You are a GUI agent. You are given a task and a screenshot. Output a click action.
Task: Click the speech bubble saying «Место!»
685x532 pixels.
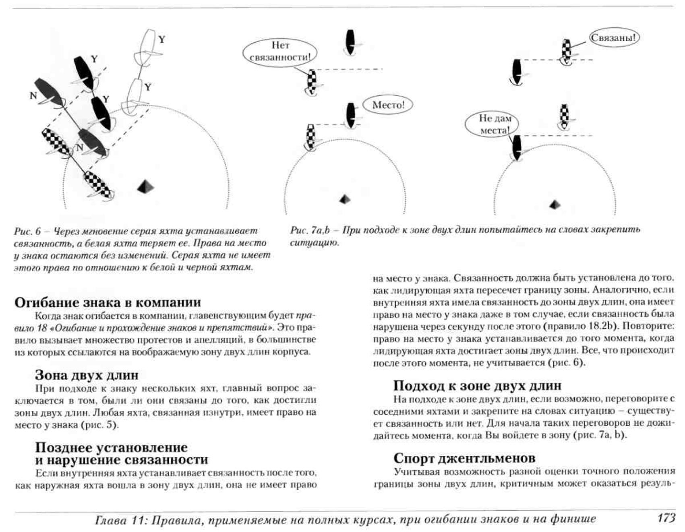(388, 105)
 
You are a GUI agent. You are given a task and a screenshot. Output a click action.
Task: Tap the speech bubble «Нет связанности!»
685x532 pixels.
(280, 52)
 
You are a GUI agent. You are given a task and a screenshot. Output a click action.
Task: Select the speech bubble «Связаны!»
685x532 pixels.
(615, 38)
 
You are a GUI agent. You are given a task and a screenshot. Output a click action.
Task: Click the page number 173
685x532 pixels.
(666, 518)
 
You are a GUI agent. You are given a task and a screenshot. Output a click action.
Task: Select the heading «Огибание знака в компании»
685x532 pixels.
(108, 302)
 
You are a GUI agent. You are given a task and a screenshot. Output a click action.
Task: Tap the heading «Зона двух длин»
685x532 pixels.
(87, 375)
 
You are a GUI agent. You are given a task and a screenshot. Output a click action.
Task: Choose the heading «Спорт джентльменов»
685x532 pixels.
(464, 458)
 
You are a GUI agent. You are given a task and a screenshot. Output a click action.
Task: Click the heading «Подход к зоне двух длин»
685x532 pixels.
(477, 385)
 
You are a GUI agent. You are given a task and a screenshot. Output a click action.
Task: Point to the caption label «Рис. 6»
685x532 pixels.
(27, 232)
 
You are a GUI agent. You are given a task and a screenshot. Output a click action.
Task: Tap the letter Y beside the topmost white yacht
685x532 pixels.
(161, 39)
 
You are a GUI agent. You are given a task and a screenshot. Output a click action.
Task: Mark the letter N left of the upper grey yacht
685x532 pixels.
(33, 96)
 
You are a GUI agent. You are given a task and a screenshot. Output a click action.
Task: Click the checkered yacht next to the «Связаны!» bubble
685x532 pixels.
(567, 50)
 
